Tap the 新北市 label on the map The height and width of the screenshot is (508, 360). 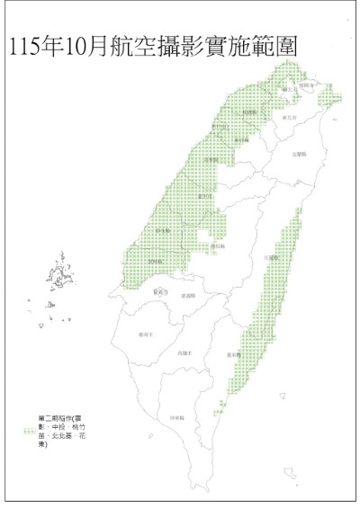[x=289, y=117]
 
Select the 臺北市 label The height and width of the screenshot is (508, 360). [x=290, y=91]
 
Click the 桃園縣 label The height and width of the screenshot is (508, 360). [x=250, y=111]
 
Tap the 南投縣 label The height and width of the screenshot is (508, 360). [x=217, y=245]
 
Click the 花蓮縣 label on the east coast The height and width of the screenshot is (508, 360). [x=271, y=256]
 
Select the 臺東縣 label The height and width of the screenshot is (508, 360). [x=233, y=353]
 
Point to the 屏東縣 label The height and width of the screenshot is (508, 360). [x=177, y=418]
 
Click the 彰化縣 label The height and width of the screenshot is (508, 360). [x=163, y=231]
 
